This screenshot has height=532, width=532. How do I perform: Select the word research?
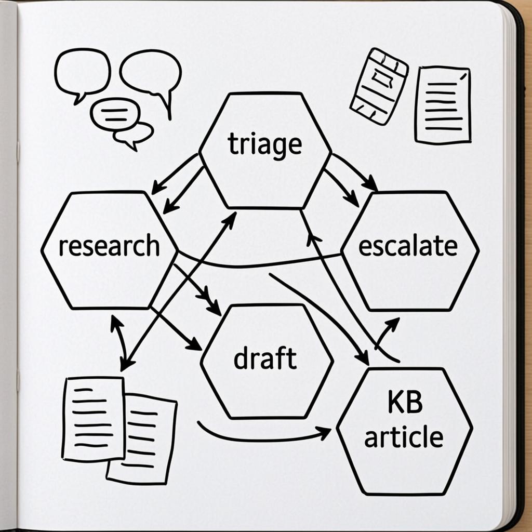[109, 245]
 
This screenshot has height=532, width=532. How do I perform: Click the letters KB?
[405, 403]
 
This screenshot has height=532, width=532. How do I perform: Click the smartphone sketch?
[379, 87]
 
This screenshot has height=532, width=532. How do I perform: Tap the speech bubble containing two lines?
[115, 115]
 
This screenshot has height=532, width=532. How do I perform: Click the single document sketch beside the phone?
[443, 105]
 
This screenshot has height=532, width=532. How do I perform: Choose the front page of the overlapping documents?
[94, 419]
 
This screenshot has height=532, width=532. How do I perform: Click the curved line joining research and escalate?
[258, 264]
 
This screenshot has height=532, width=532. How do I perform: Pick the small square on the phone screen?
[382, 78]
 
